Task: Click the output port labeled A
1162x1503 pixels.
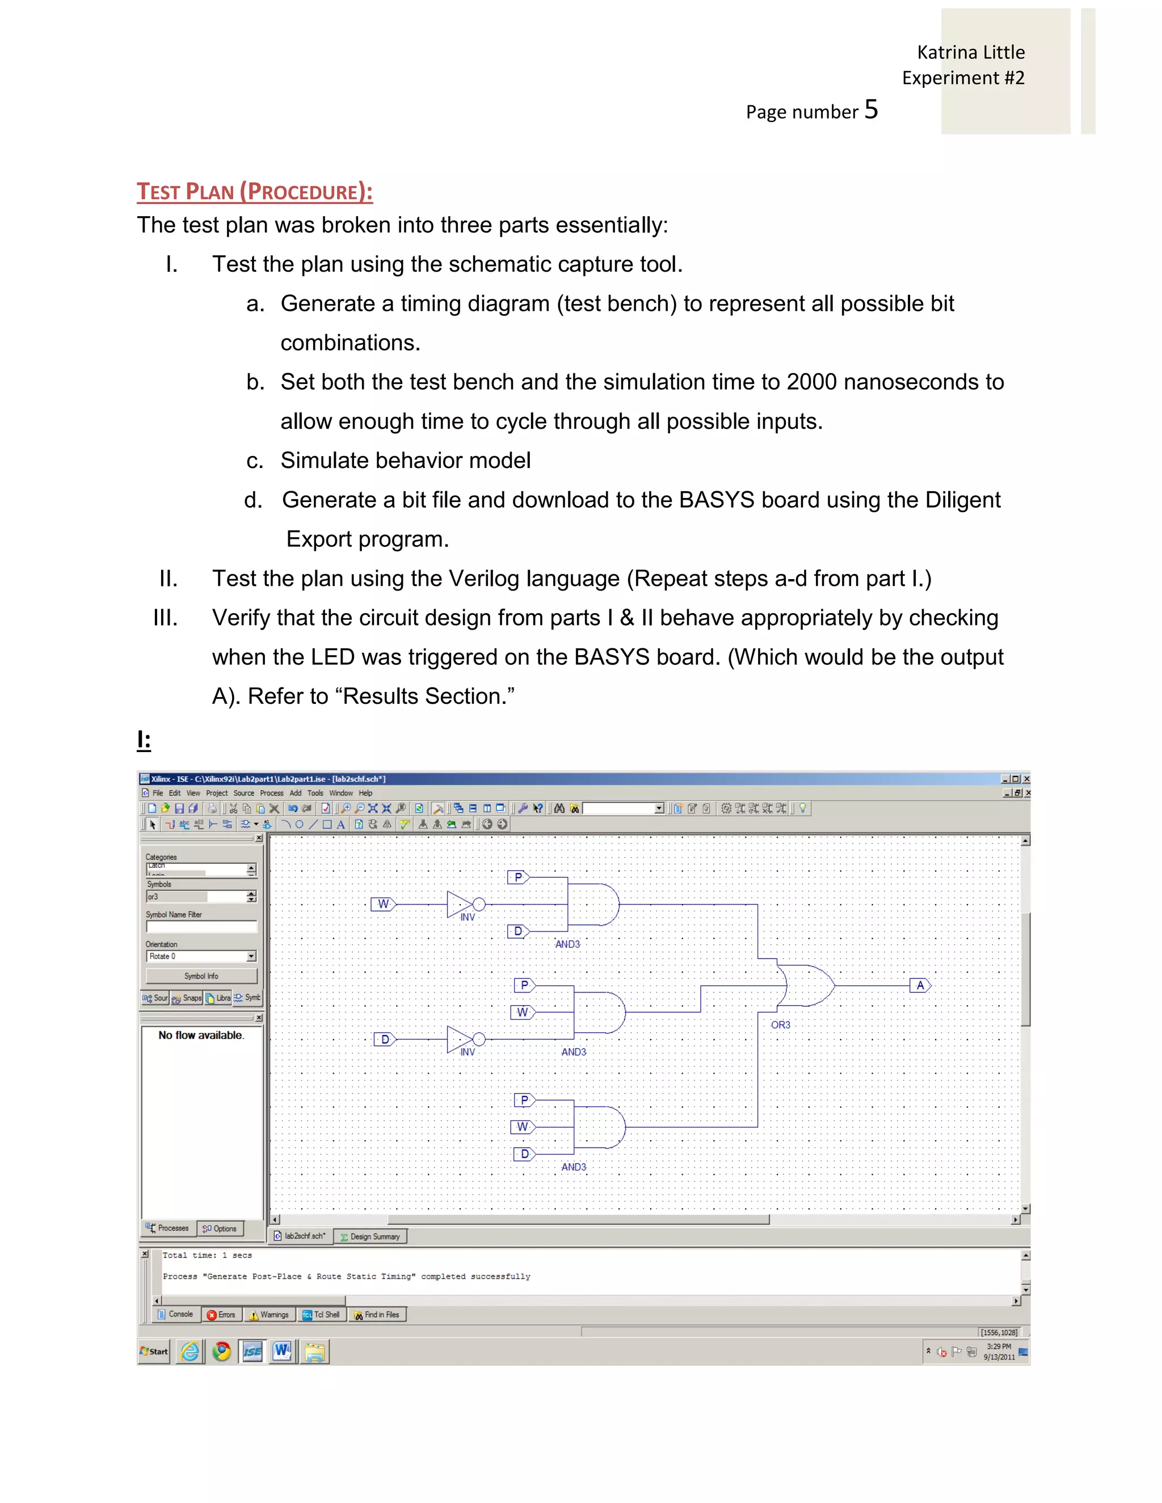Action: coord(920,986)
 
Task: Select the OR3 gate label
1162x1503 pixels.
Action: coord(780,1025)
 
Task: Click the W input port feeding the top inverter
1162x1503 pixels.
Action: coord(384,904)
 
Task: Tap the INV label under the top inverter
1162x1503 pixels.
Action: coord(468,917)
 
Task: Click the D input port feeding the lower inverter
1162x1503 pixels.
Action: coord(385,1039)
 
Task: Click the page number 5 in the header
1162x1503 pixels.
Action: coord(871,110)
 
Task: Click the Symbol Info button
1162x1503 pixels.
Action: coord(201,976)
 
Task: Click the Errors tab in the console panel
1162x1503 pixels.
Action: coord(222,1315)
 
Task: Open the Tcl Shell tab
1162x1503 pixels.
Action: coord(322,1315)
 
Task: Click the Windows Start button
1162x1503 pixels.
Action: coord(154,1352)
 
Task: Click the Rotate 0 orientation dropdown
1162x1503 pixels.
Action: coord(200,957)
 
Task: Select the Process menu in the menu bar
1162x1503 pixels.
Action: coord(271,793)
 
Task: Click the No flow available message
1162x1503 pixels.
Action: coord(201,1035)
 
